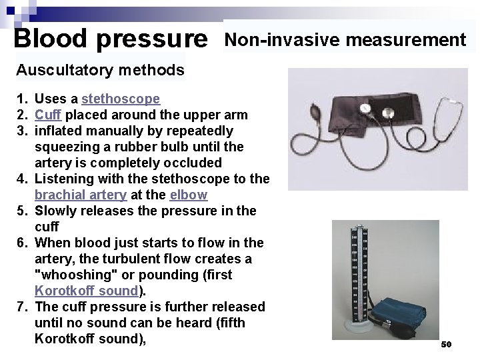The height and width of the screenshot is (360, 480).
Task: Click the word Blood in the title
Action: click(51, 38)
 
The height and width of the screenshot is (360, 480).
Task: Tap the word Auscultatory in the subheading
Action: click(57, 70)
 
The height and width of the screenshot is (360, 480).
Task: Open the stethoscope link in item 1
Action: click(121, 99)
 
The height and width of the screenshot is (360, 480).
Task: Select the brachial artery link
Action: click(80, 195)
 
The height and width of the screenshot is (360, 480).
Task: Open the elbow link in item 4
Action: click(189, 195)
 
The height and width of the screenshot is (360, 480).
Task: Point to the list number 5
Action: click(21, 211)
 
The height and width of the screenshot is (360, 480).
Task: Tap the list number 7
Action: click(21, 307)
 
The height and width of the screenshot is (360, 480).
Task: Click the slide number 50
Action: click(446, 345)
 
